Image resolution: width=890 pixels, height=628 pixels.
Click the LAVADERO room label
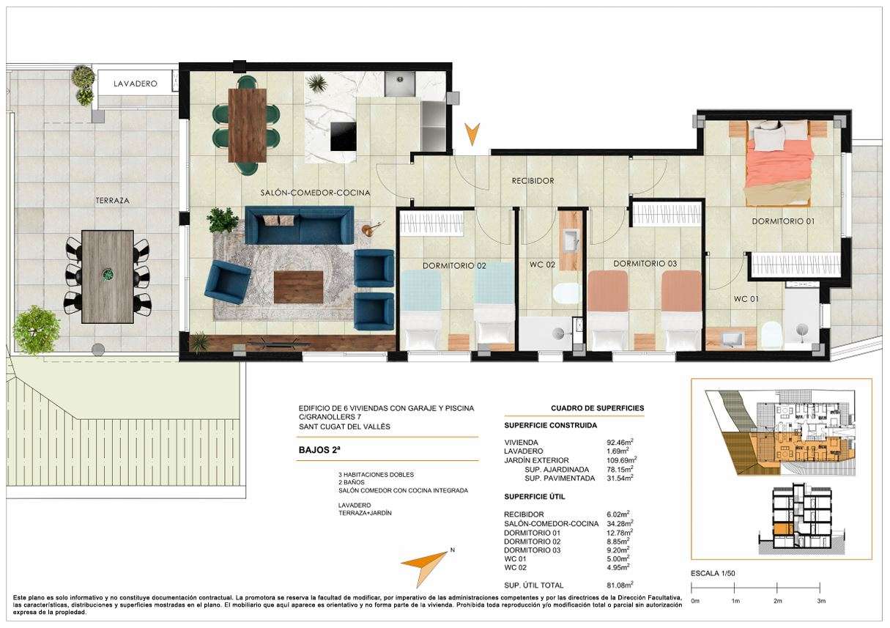click(x=135, y=84)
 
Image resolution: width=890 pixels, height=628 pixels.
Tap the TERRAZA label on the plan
click(x=113, y=201)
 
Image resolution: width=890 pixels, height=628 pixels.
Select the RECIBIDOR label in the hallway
click(x=533, y=181)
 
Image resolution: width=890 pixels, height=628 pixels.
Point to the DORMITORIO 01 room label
click(x=783, y=221)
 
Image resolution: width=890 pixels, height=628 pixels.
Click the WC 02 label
click(x=542, y=265)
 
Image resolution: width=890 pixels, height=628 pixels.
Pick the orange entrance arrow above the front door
click(x=472, y=134)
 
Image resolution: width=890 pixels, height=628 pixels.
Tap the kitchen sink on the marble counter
click(x=400, y=84)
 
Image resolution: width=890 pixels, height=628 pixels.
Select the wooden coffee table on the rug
click(x=298, y=287)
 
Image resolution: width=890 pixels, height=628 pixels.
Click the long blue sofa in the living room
click(x=299, y=225)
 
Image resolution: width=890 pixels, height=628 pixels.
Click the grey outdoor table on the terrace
click(x=107, y=277)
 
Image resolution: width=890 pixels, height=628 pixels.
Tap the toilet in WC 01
click(x=772, y=334)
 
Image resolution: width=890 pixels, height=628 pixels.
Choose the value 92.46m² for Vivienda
click(x=620, y=442)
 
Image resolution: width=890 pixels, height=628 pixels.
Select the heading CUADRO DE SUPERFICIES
click(x=597, y=408)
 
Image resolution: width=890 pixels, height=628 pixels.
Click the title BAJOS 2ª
click(x=319, y=450)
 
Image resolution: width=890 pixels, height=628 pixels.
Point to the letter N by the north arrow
click(x=452, y=550)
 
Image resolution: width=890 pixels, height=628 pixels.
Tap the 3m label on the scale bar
click(x=821, y=601)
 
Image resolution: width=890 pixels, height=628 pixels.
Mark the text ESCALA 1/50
click(x=713, y=573)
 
